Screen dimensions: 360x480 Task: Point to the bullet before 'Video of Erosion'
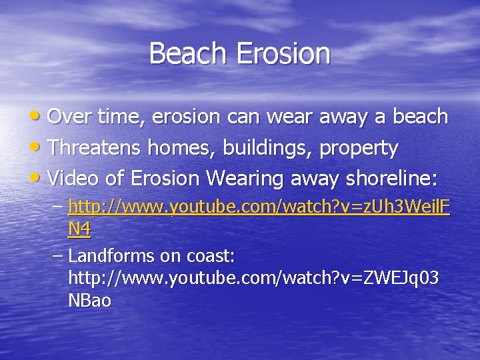tap(39, 179)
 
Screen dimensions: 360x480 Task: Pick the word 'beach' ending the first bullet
tap(419, 117)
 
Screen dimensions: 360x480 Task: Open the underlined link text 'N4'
tap(79, 229)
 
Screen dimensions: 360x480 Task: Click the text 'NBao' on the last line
tap(89, 301)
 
